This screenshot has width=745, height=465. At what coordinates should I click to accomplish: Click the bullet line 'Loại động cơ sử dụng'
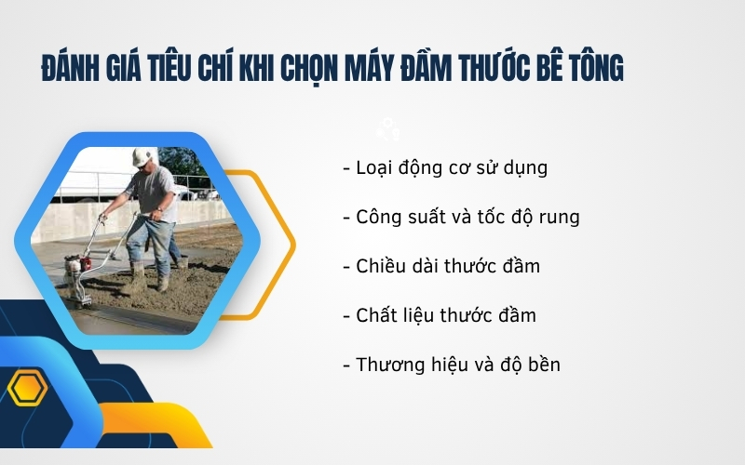pyautogui.click(x=445, y=168)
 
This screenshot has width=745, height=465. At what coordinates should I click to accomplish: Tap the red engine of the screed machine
pyautogui.click(x=79, y=264)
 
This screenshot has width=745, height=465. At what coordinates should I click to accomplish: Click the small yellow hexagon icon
pyautogui.click(x=27, y=389)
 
